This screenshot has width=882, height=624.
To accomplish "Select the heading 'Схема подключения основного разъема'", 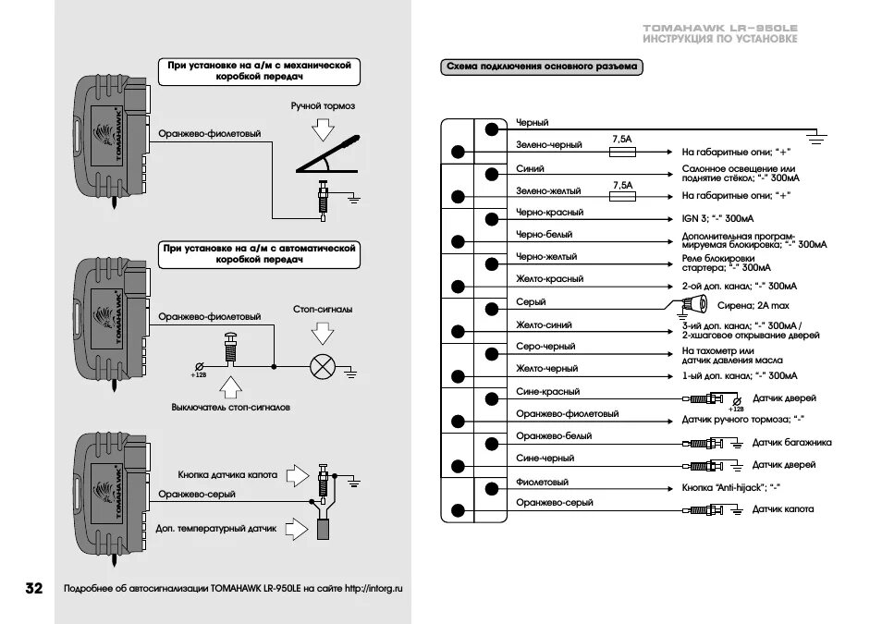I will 542,67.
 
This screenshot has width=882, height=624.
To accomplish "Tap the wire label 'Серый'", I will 531,302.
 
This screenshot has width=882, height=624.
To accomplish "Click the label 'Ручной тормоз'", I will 323,106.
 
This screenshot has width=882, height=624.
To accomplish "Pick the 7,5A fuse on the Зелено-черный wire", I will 622,151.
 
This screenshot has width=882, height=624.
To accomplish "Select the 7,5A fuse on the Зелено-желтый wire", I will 622,196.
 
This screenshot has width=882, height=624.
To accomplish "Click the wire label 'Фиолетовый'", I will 542,482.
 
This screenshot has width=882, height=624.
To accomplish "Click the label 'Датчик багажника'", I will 791,442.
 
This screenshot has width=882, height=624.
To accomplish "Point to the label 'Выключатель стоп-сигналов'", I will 231,407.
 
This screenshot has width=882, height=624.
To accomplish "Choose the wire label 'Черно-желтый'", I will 546,257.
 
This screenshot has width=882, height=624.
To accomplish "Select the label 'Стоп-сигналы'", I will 323,310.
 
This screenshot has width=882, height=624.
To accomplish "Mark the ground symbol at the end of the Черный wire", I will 815,138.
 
